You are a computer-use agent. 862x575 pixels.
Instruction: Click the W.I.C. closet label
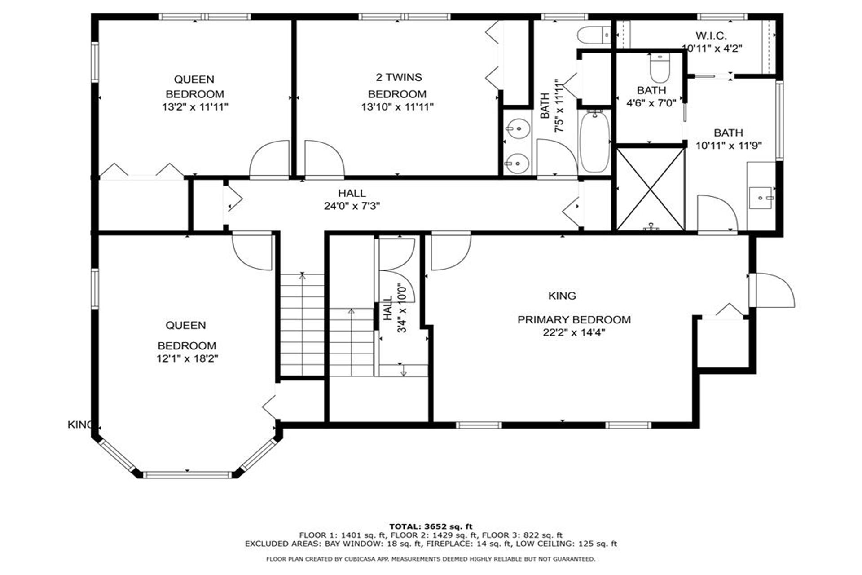click(x=711, y=35)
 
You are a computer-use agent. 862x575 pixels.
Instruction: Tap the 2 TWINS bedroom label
click(x=399, y=77)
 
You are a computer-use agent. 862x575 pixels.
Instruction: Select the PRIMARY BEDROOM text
click(x=574, y=320)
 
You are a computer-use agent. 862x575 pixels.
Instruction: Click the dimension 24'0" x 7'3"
click(x=352, y=206)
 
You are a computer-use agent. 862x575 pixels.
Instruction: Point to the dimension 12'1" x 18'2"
click(x=187, y=358)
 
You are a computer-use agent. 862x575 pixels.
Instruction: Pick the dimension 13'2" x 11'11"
click(x=195, y=107)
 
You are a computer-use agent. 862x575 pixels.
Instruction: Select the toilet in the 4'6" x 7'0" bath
click(x=660, y=67)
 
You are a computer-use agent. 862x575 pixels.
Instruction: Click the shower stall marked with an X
click(x=650, y=189)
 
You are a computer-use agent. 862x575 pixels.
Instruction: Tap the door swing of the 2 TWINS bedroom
click(x=324, y=158)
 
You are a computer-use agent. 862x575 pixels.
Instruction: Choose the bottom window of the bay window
click(x=187, y=474)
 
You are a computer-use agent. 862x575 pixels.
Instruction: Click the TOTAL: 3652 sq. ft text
click(x=431, y=526)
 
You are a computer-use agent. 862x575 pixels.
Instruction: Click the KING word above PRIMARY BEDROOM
click(x=562, y=296)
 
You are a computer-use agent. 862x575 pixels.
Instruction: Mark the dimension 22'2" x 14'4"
click(x=574, y=332)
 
